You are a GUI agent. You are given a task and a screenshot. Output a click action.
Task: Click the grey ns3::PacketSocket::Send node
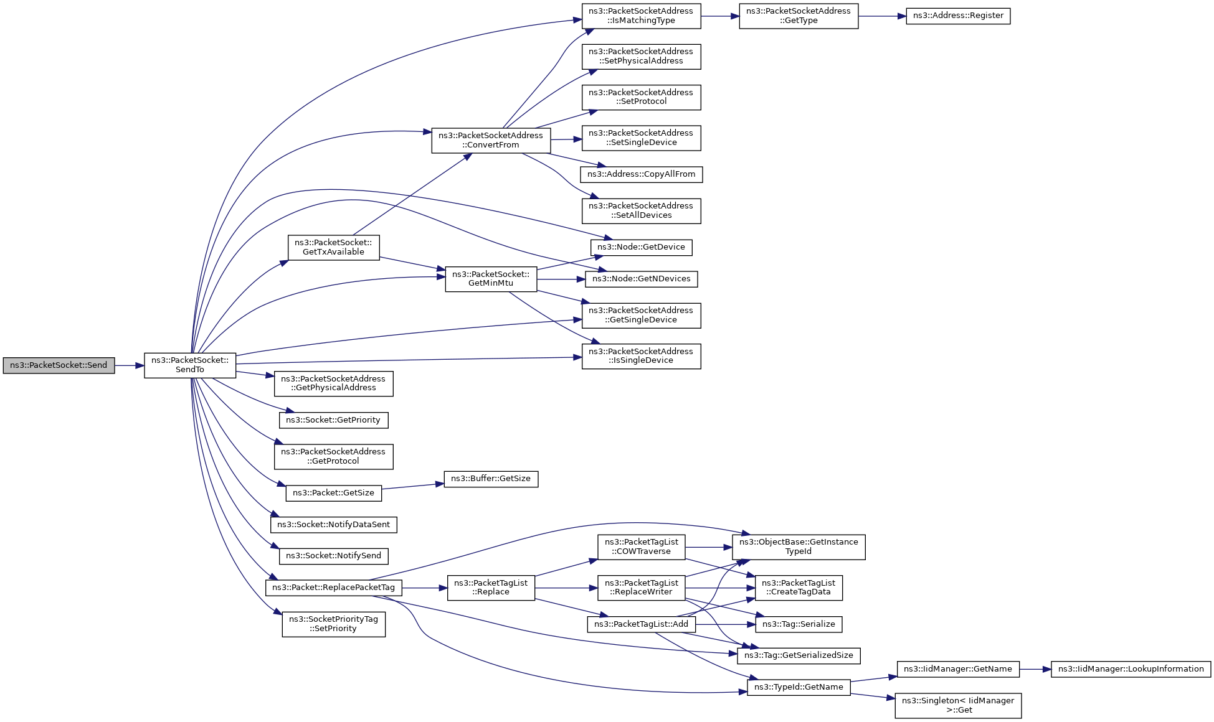pos(59,365)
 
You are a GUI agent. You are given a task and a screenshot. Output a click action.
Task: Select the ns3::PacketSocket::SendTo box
pos(190,365)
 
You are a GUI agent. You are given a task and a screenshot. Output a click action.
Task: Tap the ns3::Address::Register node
pos(957,16)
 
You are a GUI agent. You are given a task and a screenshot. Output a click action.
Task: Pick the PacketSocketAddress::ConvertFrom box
pos(491,141)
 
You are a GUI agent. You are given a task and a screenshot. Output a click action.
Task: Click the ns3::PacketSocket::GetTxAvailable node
pos(333,248)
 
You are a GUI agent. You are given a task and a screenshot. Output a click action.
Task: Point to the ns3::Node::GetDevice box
pos(641,248)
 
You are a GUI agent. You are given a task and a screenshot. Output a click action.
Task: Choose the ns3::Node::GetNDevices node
pos(641,279)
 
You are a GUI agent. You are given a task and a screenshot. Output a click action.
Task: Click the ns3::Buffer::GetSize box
pos(491,479)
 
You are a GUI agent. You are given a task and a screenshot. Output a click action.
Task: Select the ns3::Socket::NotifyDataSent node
pos(333,525)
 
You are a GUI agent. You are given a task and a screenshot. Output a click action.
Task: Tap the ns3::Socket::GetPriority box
pos(333,421)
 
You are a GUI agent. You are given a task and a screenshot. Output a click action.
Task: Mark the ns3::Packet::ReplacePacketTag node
pos(333,588)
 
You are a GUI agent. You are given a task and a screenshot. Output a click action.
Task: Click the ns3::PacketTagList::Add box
pos(641,624)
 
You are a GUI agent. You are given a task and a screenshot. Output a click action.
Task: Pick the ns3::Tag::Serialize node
pos(799,624)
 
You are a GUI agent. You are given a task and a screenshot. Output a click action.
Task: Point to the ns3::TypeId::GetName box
pos(799,688)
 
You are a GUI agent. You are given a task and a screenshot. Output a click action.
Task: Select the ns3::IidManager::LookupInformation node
pos(1131,670)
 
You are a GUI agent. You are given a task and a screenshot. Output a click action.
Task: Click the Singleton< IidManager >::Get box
pos(958,706)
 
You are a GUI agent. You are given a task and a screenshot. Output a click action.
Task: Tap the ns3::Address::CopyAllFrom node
pos(641,175)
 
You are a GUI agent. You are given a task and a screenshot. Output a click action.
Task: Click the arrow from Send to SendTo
pos(130,365)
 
